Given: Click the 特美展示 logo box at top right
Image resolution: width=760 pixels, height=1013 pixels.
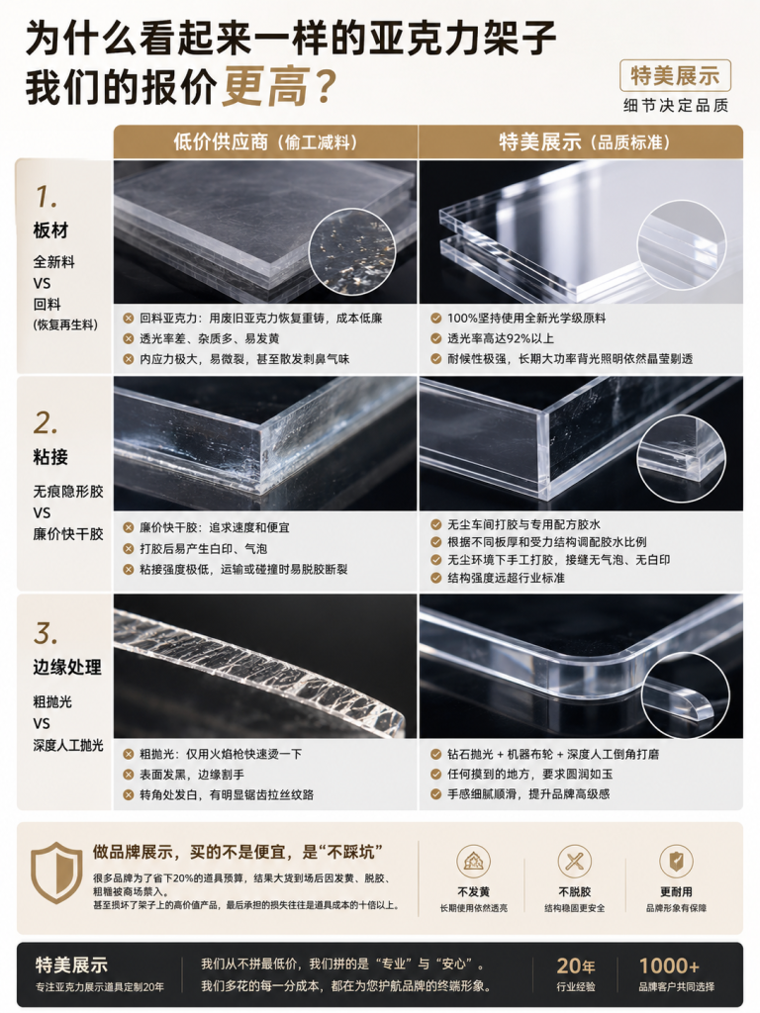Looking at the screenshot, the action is coord(675,75).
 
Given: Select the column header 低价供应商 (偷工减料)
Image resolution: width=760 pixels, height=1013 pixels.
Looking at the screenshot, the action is coord(265,142).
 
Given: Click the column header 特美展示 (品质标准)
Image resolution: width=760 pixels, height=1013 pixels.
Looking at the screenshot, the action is coord(586,142).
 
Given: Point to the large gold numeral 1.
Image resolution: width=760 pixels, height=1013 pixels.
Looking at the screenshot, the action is coord(46,197).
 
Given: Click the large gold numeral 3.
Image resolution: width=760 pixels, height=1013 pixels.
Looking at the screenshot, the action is coord(46,633).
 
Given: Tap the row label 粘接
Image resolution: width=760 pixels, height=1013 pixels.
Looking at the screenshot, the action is coord(50,457).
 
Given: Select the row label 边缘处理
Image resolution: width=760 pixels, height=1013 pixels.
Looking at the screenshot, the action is coord(67,668).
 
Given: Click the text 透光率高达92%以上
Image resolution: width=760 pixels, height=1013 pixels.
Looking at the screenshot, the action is coord(501,338).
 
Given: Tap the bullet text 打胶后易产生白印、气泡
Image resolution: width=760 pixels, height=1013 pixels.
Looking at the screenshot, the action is coord(204,548).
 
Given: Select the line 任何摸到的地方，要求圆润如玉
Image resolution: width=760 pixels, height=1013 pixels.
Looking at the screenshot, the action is coord(530,774).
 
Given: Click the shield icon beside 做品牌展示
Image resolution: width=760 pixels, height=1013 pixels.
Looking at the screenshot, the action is coord(56,873).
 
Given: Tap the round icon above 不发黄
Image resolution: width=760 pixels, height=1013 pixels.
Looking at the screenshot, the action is coord(474,862).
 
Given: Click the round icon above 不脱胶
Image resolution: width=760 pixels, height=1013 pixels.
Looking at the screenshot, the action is coord(575,862).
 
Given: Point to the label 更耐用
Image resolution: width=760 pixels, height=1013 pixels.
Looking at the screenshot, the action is coord(676,892).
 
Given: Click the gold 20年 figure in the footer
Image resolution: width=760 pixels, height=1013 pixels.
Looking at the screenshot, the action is coord(576,966).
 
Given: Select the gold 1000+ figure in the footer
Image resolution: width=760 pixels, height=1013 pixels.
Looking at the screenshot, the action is coord(670,966).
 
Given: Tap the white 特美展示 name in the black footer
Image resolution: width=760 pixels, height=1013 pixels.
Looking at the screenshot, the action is coord(71,966).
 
